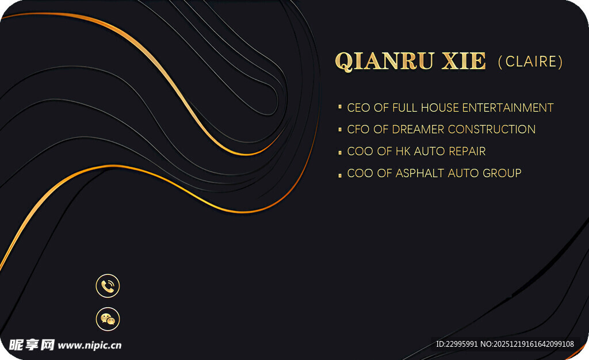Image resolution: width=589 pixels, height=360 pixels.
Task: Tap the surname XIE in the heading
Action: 464,61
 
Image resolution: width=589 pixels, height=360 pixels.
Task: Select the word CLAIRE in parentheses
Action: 531,62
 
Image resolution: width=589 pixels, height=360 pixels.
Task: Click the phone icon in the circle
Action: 108,286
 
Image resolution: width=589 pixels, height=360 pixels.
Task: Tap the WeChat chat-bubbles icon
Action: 108,319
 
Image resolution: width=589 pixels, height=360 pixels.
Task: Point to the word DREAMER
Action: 418,129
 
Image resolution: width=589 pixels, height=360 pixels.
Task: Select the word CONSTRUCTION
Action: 492,129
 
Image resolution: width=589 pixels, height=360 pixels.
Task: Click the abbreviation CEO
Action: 359,108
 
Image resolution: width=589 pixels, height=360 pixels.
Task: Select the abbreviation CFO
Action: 358,129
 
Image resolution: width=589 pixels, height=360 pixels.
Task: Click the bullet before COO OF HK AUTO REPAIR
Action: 340,152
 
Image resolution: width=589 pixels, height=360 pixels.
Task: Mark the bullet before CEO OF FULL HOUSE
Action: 340,107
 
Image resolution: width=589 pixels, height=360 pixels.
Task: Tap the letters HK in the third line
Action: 403,151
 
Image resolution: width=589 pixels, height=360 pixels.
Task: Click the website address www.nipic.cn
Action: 90,346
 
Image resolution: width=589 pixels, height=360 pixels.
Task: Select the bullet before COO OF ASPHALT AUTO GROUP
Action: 340,175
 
